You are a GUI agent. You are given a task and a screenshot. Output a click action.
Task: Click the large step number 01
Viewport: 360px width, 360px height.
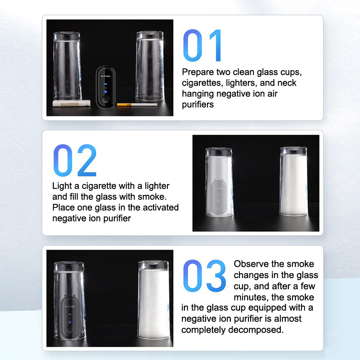click(202, 45)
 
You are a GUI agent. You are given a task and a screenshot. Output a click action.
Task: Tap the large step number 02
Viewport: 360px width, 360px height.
click(75, 160)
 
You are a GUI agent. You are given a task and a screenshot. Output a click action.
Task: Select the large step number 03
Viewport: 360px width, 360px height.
click(204, 276)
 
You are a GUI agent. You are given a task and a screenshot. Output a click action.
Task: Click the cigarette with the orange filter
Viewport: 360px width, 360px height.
click(137, 105)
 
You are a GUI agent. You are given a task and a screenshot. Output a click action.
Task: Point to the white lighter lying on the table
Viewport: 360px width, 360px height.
click(72, 103)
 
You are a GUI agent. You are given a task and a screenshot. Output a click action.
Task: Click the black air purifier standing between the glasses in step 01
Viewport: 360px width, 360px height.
click(106, 87)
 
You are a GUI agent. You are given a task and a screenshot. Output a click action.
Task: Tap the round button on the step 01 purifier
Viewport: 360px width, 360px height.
click(106, 99)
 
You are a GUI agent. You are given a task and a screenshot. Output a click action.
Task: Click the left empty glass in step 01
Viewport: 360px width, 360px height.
click(67, 66)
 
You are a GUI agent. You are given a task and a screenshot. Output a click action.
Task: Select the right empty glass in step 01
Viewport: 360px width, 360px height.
click(150, 66)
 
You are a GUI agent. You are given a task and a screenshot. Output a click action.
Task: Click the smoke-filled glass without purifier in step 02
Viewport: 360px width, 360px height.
click(294, 181)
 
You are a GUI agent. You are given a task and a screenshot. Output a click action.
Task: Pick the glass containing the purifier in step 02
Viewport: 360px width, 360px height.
click(219, 182)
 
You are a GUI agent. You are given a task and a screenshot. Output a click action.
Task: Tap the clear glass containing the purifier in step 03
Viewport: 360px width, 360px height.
click(70, 301)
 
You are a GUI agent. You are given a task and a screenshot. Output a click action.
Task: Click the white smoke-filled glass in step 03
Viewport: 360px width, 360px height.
click(154, 300)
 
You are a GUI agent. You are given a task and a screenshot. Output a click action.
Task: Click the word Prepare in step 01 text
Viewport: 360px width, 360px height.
click(198, 72)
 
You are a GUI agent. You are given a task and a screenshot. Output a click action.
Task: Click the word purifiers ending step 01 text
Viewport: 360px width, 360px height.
click(198, 105)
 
